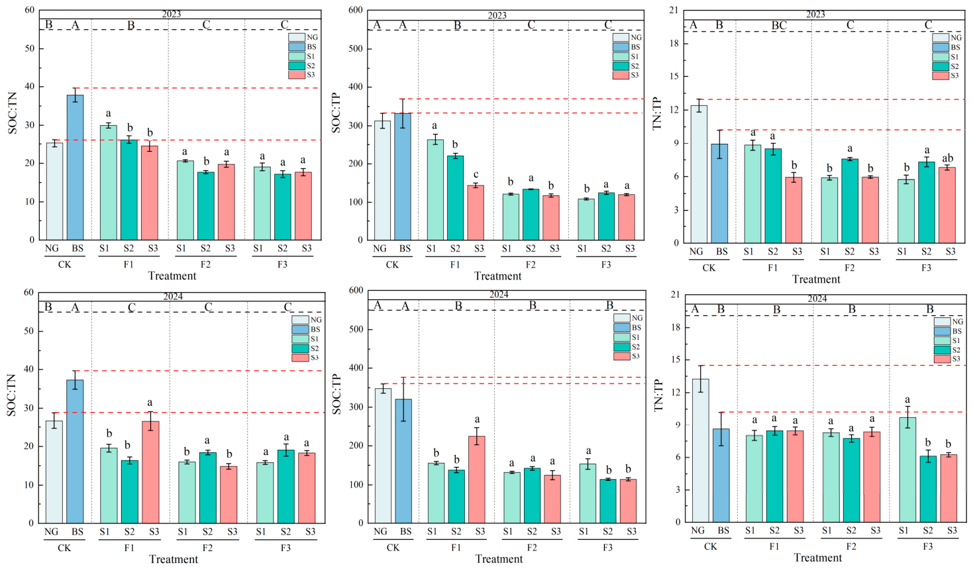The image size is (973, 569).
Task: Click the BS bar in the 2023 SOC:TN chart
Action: [75, 167]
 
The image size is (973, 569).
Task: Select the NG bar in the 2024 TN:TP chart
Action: [700, 450]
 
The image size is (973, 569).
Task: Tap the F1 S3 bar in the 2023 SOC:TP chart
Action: [476, 213]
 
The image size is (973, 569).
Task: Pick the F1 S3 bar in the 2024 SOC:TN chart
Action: [150, 472]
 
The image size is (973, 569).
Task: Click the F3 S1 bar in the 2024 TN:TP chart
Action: [907, 470]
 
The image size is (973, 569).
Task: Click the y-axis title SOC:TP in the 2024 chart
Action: [337, 394]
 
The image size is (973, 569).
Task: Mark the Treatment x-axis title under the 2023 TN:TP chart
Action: [816, 280]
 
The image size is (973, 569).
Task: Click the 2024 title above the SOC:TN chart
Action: [173, 297]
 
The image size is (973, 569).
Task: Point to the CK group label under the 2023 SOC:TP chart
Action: [392, 264]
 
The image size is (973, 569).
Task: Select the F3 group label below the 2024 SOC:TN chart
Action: [285, 548]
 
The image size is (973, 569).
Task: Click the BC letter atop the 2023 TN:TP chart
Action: [779, 25]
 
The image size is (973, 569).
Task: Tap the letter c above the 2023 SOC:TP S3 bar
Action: [476, 175]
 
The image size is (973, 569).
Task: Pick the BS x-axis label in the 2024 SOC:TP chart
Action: [405, 531]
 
